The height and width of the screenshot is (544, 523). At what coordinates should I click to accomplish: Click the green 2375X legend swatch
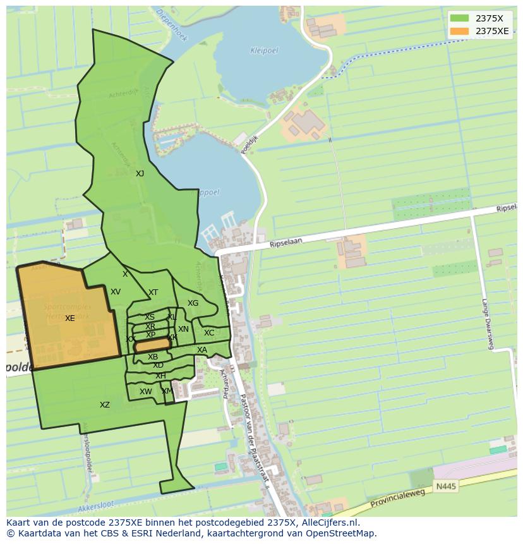(x=459, y=18)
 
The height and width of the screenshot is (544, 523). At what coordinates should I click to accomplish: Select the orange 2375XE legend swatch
(x=459, y=31)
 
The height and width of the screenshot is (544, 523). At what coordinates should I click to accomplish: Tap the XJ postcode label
(x=140, y=173)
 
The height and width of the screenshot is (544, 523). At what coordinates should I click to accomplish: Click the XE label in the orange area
(x=69, y=318)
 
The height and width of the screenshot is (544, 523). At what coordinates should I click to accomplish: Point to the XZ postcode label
(x=105, y=405)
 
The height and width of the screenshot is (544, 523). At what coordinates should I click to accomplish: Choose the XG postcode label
(x=193, y=303)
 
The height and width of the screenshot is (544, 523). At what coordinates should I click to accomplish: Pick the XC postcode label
(x=209, y=333)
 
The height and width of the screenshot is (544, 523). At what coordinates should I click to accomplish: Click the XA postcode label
(x=202, y=350)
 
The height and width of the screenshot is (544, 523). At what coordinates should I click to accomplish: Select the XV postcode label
(x=116, y=292)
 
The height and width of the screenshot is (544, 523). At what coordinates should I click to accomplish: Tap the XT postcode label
(x=153, y=293)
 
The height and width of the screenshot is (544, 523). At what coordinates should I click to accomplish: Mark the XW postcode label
(x=146, y=392)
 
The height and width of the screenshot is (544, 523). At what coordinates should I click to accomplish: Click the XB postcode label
(x=153, y=357)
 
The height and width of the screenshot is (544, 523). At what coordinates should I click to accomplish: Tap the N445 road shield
(x=445, y=487)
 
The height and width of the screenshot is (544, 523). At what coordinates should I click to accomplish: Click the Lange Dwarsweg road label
(x=486, y=323)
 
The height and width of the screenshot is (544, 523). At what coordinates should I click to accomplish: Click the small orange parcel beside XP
(x=152, y=345)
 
